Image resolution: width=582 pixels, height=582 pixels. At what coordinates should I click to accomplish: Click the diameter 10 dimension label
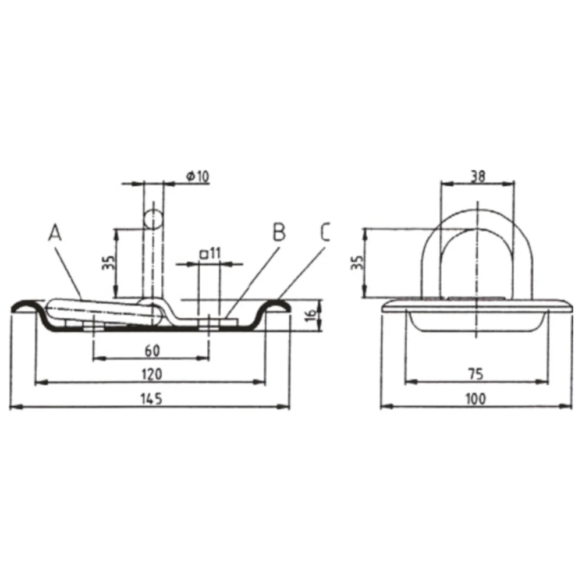198,176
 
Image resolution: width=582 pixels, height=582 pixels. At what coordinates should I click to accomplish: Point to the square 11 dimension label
210,254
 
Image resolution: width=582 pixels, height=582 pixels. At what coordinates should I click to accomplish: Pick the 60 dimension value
152,350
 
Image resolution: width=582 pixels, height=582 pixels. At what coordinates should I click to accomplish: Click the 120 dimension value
152,374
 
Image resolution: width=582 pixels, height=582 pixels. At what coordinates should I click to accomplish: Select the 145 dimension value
151,399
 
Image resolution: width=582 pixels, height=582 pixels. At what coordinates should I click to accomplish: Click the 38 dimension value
478,176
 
